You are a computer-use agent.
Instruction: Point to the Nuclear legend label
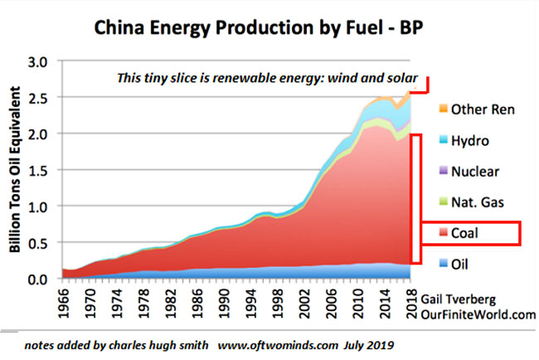[x=477, y=173]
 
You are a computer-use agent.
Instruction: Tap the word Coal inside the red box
[x=467, y=234]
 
